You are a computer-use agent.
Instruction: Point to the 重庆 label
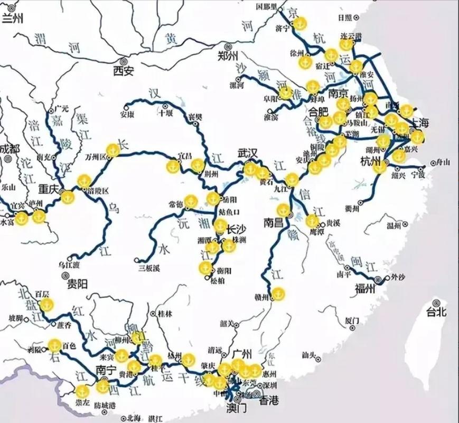[52, 189]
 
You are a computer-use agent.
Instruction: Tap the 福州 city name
[365, 288]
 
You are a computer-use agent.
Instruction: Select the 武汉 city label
[247, 153]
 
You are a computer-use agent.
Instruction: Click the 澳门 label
[236, 409]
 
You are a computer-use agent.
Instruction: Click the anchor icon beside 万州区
[112, 150]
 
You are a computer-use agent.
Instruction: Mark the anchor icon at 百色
[54, 345]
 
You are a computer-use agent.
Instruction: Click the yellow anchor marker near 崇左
[82, 391]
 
